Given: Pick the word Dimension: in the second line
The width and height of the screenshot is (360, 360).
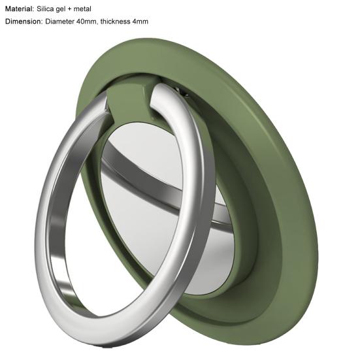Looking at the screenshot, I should (24, 22).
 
